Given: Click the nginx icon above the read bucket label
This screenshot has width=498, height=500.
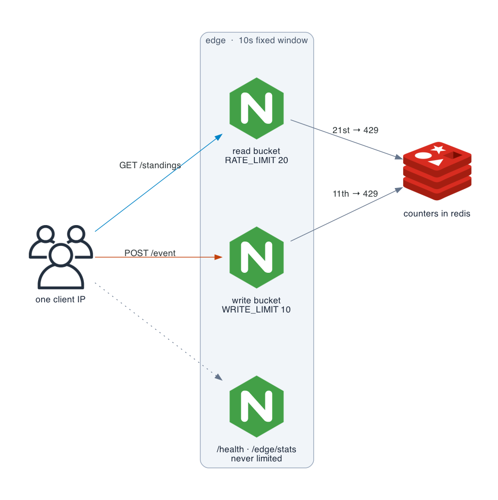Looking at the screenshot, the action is (x=256, y=108).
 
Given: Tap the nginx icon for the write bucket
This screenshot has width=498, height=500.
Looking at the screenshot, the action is (x=256, y=258).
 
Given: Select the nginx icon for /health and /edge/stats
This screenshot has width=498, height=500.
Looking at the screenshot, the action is (x=256, y=407).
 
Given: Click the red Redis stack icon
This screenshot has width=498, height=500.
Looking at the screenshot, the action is (x=437, y=171).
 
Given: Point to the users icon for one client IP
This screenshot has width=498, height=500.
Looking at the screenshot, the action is (x=61, y=257).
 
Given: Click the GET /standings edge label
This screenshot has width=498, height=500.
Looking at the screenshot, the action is (x=150, y=165).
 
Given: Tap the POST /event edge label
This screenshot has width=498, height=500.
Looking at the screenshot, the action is (x=150, y=253).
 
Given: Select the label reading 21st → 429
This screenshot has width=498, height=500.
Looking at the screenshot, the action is (x=355, y=130).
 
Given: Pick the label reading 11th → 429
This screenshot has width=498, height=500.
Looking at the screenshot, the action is (x=355, y=194).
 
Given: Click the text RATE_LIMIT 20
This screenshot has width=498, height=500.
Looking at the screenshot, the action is (x=256, y=160).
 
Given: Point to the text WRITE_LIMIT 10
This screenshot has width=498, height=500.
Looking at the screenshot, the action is (x=256, y=309).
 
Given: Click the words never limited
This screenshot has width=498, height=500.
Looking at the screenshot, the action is (x=256, y=458).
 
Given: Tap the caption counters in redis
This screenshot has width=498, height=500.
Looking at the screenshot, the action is (x=437, y=213).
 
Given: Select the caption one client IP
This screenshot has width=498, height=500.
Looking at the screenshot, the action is (x=60, y=299).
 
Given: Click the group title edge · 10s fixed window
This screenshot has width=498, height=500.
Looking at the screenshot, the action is (x=256, y=41).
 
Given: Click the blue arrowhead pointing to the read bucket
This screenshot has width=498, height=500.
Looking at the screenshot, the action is (x=219, y=137).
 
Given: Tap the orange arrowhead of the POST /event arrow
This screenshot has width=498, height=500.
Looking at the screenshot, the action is (x=219, y=257).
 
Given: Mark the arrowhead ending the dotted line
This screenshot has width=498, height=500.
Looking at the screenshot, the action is (x=219, y=377).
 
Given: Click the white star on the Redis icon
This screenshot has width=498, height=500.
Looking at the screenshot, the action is (x=439, y=149).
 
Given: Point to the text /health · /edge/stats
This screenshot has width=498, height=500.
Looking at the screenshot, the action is (x=256, y=449).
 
